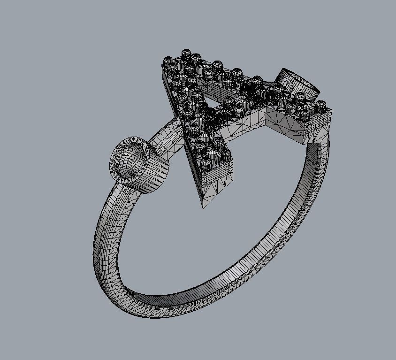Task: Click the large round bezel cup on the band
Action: (139, 165)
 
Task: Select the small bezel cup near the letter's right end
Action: (298, 84)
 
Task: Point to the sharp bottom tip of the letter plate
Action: (203, 207)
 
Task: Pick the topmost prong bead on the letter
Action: (186, 53)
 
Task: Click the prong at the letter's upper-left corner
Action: (168, 61)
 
